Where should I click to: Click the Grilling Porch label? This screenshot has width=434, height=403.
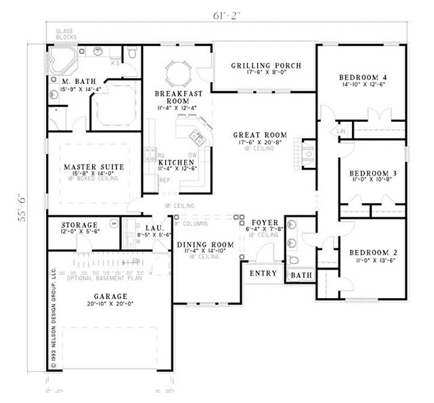click(265, 66)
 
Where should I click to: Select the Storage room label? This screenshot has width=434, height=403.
click(80, 225)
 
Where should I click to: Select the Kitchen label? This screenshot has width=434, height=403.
click(173, 163)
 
